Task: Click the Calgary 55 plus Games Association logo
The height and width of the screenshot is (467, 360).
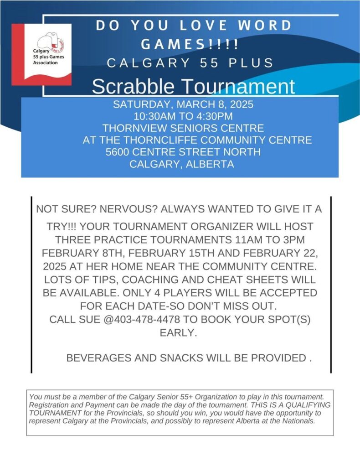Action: [41, 54]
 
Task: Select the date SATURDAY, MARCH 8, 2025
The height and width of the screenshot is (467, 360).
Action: [183, 104]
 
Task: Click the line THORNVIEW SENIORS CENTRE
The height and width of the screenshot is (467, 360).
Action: [183, 128]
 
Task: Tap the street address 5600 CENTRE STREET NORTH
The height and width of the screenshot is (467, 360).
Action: [183, 152]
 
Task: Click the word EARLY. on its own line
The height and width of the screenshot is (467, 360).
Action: [178, 333]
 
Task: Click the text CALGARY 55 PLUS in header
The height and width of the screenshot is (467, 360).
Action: [190, 63]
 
